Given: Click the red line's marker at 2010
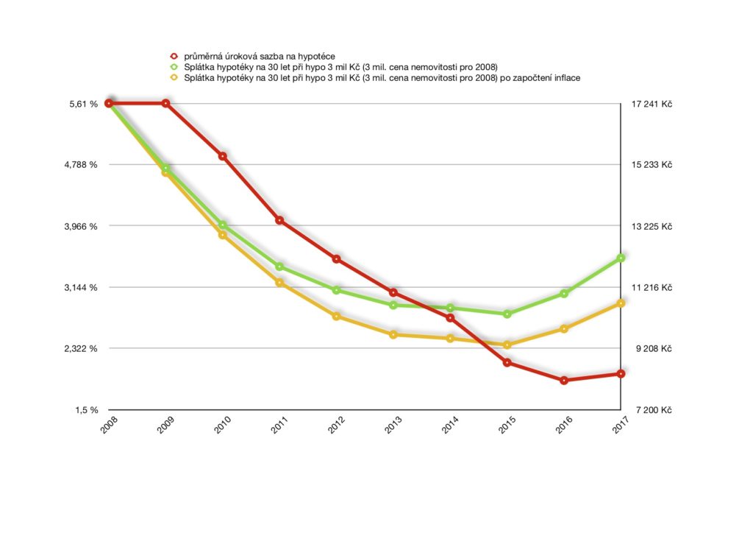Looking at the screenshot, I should pyautogui.click(x=222, y=156).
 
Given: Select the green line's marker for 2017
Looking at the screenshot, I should pyautogui.click(x=621, y=258).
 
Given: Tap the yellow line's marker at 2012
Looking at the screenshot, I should pyautogui.click(x=336, y=317).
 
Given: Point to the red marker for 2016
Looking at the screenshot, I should pyautogui.click(x=564, y=381).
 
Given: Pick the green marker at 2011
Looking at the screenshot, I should pyautogui.click(x=279, y=266).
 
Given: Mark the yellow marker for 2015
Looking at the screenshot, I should pyautogui.click(x=507, y=345).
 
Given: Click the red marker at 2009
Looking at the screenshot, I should pyautogui.click(x=165, y=103).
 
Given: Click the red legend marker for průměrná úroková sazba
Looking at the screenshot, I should pyautogui.click(x=174, y=56).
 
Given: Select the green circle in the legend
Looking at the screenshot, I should pyautogui.click(x=174, y=66).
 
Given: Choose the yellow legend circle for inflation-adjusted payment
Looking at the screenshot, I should pyautogui.click(x=174, y=77).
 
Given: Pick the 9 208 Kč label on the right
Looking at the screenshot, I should pyautogui.click(x=653, y=349).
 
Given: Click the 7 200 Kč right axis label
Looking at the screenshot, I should pyautogui.click(x=653, y=410).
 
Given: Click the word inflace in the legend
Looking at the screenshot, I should pyautogui.click(x=565, y=77).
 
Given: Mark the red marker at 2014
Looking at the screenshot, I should pyautogui.click(x=450, y=318).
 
